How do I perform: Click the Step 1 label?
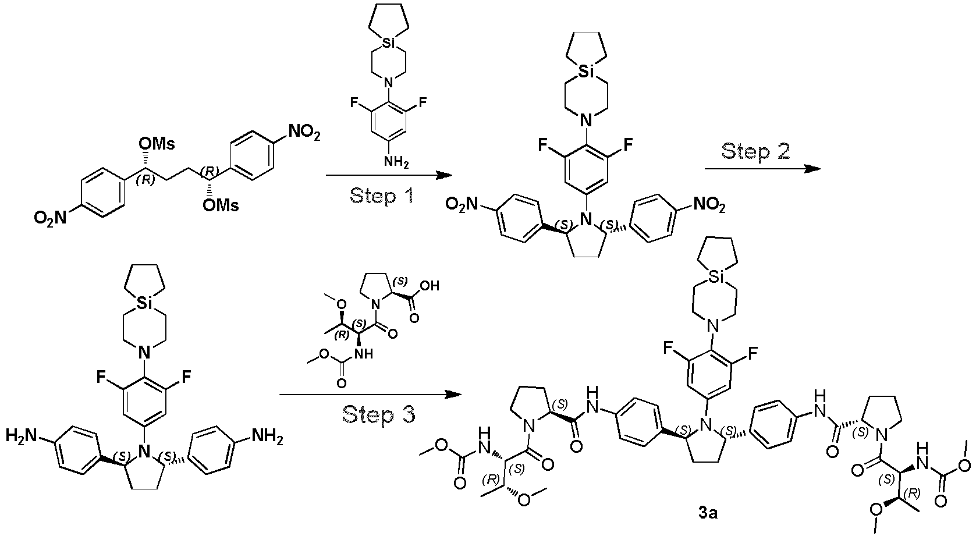click(381, 196)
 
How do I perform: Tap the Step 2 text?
click(755, 151)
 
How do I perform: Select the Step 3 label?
click(379, 414)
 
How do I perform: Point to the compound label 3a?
click(708, 513)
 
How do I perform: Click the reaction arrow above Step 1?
click(389, 175)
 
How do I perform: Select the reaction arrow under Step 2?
click(762, 169)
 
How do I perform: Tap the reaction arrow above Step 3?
click(370, 395)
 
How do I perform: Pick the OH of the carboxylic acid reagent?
click(429, 286)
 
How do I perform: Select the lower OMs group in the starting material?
click(221, 205)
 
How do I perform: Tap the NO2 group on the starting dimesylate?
click(303, 133)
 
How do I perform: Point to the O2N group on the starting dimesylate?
click(51, 218)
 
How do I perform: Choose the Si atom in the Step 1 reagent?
click(389, 42)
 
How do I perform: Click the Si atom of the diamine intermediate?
click(145, 303)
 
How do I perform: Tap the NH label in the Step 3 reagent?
click(363, 353)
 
